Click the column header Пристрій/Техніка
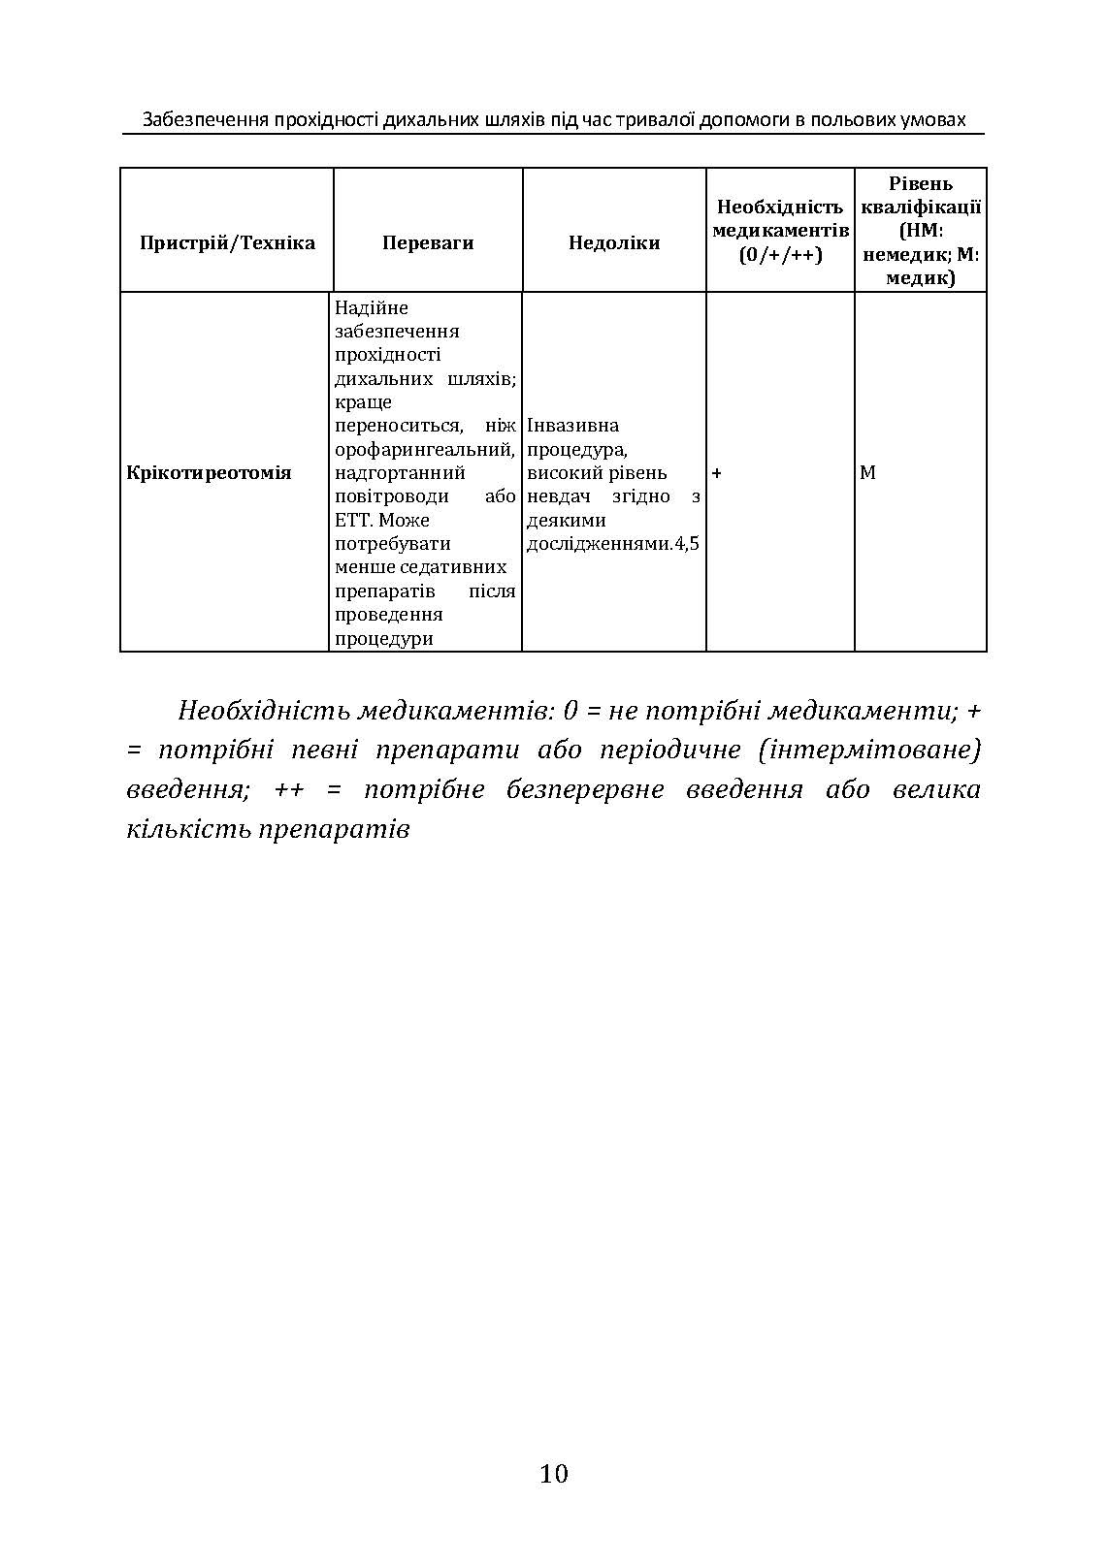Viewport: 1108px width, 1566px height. tap(227, 242)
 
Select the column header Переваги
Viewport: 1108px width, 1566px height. tap(428, 242)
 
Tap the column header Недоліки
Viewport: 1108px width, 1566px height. tap(614, 242)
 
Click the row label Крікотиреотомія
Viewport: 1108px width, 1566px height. tap(210, 473)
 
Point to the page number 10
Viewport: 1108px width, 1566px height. tap(553, 1474)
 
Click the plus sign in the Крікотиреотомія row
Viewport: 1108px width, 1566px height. tap(717, 473)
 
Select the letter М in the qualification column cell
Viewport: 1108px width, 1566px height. tap(867, 473)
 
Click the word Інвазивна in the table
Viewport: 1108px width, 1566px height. tap(573, 426)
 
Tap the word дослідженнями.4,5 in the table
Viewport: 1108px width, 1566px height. tap(612, 544)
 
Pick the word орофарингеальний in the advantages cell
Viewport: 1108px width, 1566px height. tap(424, 450)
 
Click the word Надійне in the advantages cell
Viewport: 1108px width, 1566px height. tap(372, 308)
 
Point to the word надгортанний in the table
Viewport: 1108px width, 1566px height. tap(400, 473)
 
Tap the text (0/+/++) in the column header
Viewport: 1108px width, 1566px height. tap(780, 255)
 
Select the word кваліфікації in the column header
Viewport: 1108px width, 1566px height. tap(921, 208)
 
